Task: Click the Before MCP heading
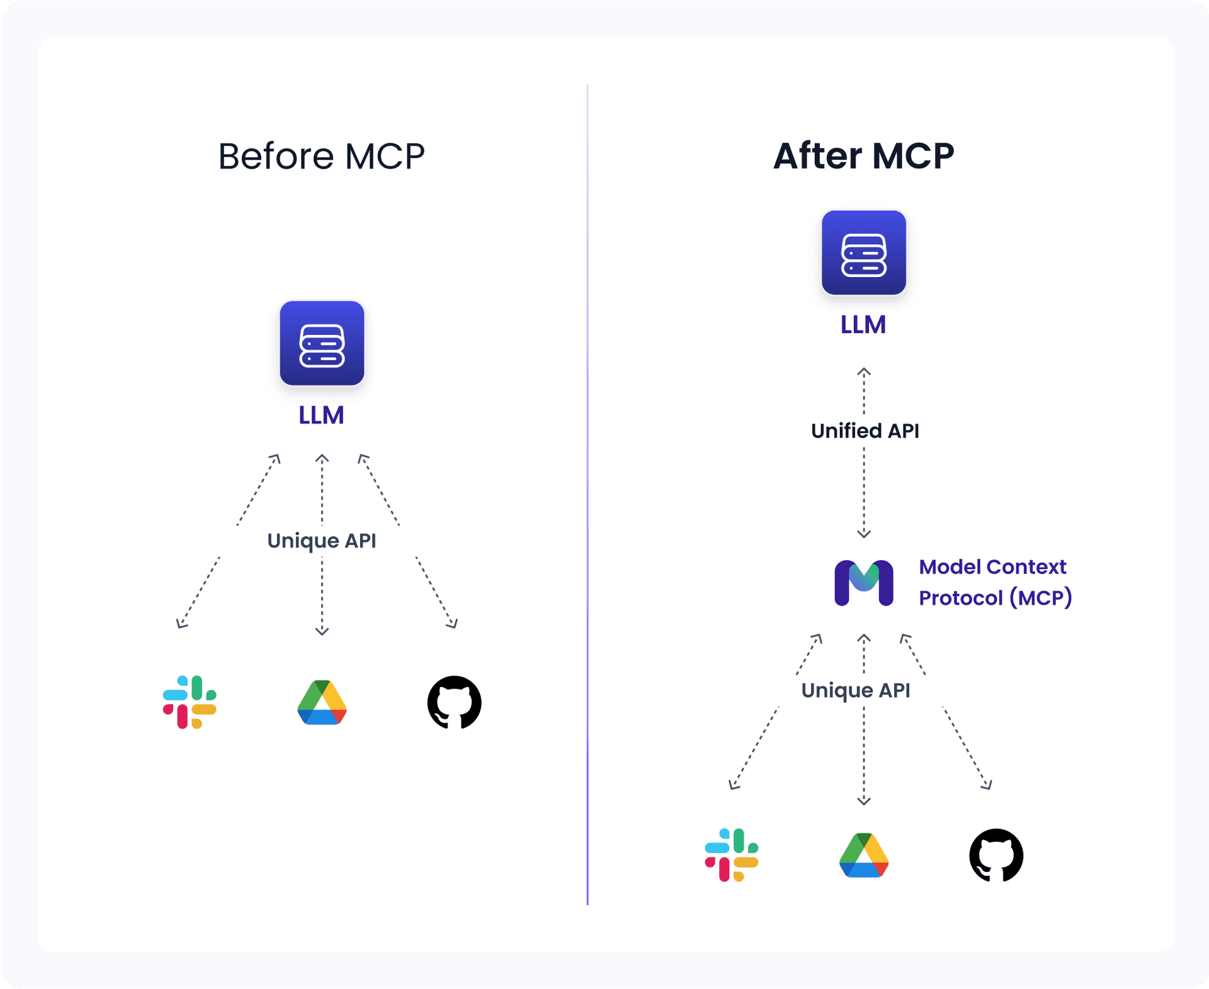321,156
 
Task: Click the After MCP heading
863,156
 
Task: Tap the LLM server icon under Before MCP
322,343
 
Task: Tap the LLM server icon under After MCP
863,252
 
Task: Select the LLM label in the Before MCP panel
321,415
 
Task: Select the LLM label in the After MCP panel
863,325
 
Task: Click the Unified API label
865,431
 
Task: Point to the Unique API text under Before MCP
321,541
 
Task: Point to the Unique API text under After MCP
855,691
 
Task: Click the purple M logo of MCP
863,582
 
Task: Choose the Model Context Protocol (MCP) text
994,582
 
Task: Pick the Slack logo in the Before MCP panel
190,702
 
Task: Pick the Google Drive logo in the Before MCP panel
322,703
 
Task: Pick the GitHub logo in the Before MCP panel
454,702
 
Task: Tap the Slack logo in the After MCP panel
731,855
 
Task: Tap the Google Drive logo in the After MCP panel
863,856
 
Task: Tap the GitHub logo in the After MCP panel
996,855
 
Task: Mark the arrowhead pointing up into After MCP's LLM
864,372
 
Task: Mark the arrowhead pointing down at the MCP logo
864,534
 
